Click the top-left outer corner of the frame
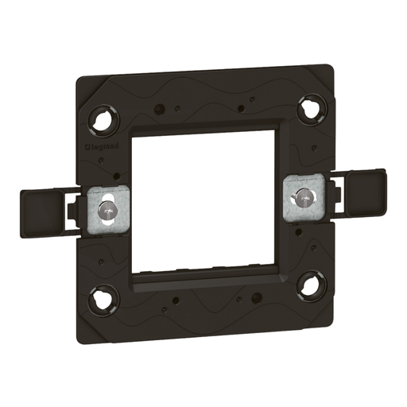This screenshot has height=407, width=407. pyautogui.click(x=77, y=77)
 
